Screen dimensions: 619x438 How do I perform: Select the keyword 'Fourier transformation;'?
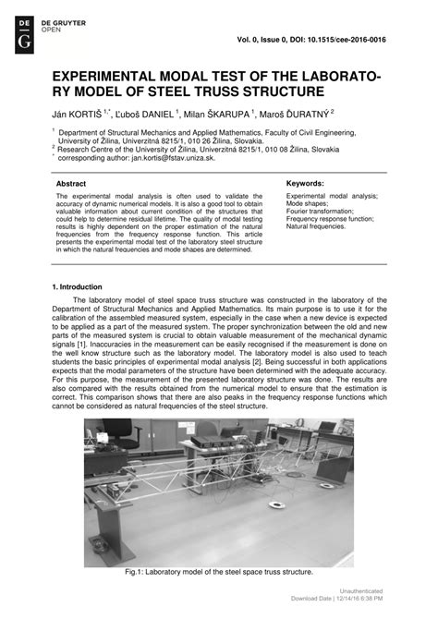[322, 212]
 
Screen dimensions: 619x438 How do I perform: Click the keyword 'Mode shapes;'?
[308, 204]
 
